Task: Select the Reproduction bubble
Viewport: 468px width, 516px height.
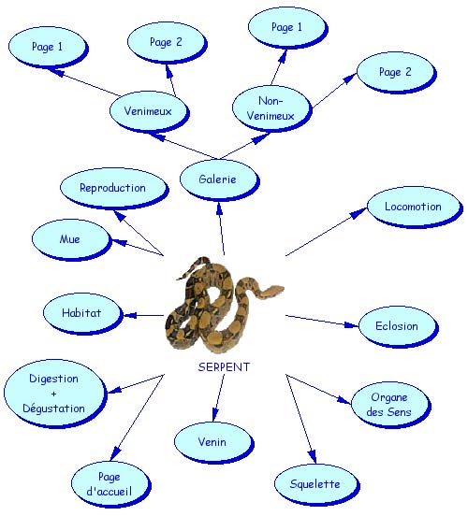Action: coord(114,188)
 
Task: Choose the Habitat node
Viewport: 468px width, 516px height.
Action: coord(83,313)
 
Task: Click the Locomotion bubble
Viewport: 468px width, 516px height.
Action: coord(415,207)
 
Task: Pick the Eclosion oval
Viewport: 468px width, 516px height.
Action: coord(398,326)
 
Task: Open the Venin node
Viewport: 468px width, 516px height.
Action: coord(214,442)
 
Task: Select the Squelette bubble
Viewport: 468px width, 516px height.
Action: coord(316,485)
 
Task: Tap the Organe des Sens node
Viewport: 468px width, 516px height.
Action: coord(391,405)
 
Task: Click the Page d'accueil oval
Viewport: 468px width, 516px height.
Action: coord(111,485)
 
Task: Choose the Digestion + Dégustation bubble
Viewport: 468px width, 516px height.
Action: coord(55,394)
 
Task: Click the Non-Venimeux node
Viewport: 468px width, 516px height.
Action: coord(271,108)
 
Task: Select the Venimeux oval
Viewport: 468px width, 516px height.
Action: coord(150,111)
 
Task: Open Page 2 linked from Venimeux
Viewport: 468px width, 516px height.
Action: coord(168,43)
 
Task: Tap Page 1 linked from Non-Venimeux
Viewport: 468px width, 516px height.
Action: coord(287,28)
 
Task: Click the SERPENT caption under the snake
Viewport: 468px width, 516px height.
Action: coord(224,367)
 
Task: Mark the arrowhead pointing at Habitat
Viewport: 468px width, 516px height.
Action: coord(130,315)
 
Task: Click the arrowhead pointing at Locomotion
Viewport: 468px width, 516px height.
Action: coord(358,213)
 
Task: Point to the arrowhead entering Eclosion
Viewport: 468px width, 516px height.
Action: coord(351,325)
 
